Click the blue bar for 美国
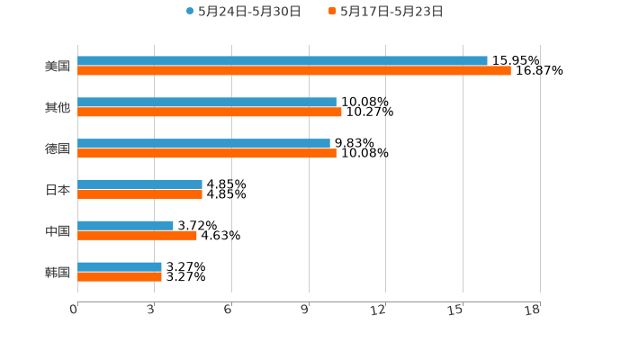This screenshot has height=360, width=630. [x=283, y=61]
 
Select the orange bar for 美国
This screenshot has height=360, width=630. [x=294, y=71]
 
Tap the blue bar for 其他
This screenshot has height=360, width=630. [x=207, y=103]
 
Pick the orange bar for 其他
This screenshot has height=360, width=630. [x=210, y=112]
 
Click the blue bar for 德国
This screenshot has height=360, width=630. [x=203, y=143]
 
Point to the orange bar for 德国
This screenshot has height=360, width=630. [x=207, y=154]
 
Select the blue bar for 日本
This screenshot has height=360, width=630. [x=139, y=184]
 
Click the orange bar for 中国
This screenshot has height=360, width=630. [x=137, y=236]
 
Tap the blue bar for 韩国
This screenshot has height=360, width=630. [x=120, y=266]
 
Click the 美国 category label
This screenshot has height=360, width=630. [x=58, y=67]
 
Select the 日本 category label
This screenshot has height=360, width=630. [x=58, y=190]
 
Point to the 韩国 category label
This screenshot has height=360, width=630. [x=58, y=272]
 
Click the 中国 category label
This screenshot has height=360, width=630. [x=58, y=231]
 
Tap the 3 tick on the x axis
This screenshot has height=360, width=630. [x=151, y=310]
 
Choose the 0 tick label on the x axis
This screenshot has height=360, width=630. [x=75, y=310]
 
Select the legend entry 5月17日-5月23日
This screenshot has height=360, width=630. [x=391, y=12]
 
